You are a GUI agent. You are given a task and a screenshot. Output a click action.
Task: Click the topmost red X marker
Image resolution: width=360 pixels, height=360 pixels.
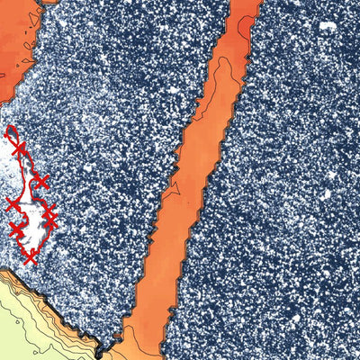point(15,146)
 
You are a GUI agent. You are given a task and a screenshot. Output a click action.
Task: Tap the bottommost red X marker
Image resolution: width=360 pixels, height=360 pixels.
point(30,257)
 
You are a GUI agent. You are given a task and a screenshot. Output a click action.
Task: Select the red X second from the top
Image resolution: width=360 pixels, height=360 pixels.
point(40,183)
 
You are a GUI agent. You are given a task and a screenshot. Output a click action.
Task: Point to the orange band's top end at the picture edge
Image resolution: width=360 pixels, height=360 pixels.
point(244,4)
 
